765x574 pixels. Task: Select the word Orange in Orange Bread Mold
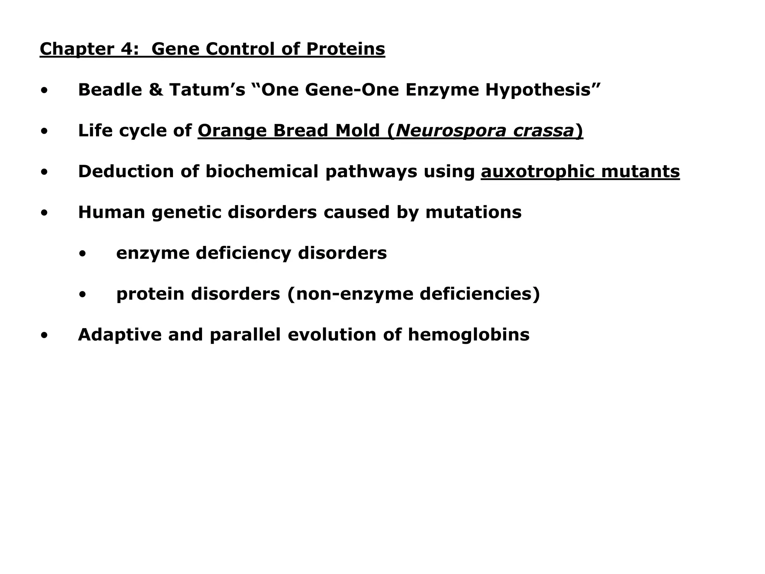coord(232,130)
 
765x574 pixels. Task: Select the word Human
coord(111,212)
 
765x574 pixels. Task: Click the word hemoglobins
coord(468,334)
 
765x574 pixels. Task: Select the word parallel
coord(245,334)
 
